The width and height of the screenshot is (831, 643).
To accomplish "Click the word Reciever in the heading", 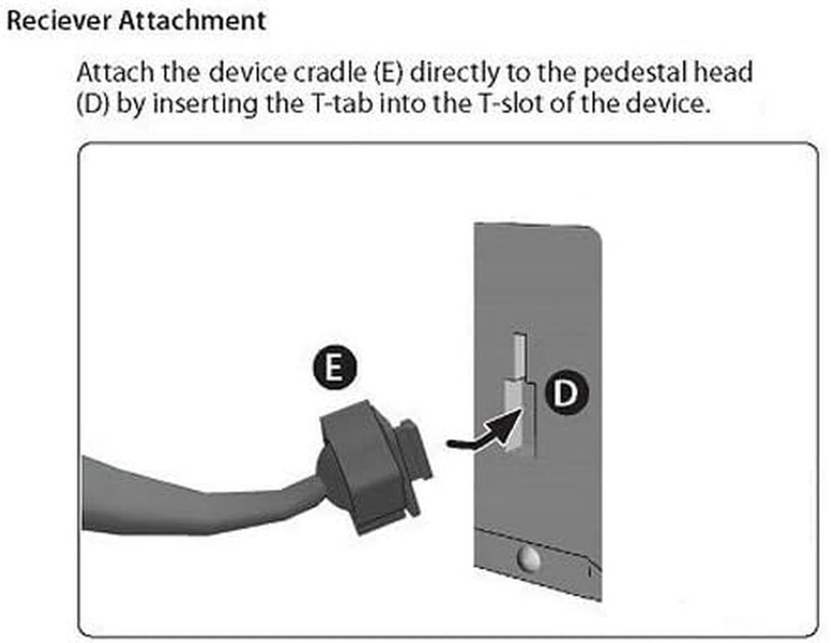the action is (59, 21).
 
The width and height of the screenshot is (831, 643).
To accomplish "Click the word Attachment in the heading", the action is (192, 21).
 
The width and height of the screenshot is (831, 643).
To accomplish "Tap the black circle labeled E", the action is (334, 367).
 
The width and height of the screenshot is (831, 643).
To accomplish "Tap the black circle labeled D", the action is (567, 392).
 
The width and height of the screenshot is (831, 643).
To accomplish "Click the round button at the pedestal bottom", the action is (528, 557).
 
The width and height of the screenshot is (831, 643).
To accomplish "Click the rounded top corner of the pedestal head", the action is (596, 233).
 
